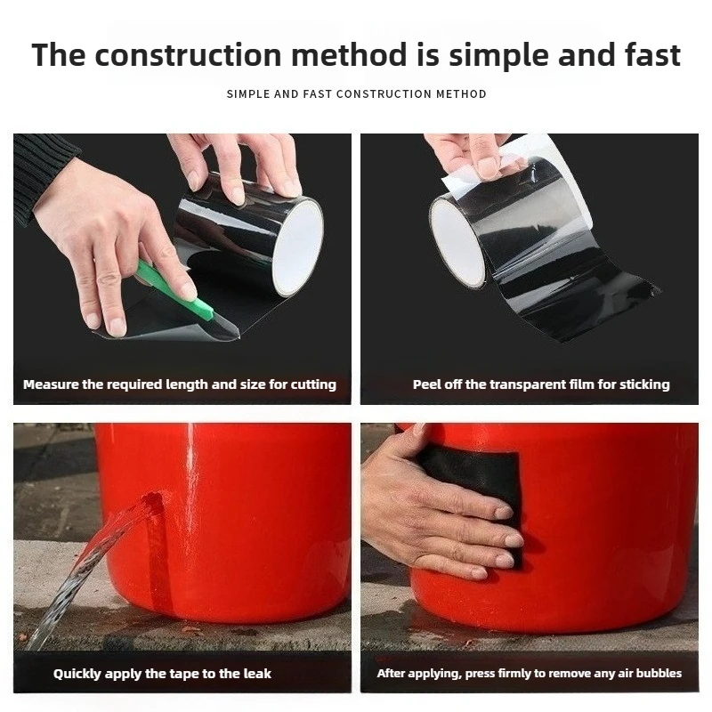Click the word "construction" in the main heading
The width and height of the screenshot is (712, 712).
189,55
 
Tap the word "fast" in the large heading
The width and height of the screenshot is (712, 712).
652,55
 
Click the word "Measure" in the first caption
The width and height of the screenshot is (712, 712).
51,384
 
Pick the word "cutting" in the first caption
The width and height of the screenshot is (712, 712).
313,385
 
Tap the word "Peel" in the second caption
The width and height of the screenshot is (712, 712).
426,384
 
